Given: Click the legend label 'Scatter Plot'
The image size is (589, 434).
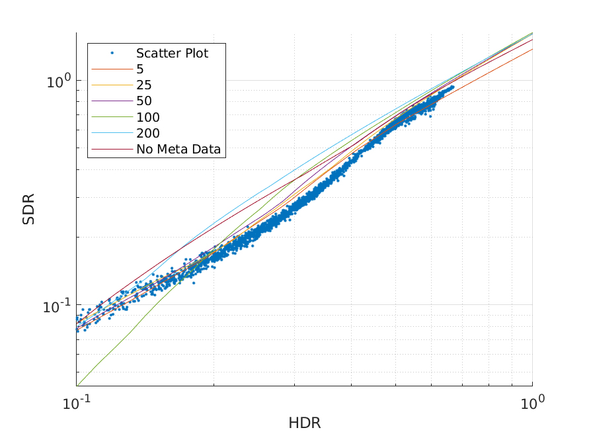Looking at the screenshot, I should tap(172, 54).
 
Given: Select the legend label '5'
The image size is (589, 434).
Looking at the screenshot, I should tap(140, 69).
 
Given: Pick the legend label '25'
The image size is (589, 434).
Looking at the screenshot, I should tap(143, 85).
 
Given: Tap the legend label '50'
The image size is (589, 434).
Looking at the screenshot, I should tap(143, 101).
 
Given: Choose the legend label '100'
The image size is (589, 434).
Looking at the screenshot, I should tap(147, 118).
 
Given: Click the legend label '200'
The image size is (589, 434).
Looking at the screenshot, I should tap(147, 134).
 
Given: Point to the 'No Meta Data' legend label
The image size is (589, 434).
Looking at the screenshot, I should tap(180, 150).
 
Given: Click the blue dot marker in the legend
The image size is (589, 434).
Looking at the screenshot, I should tap(112, 53).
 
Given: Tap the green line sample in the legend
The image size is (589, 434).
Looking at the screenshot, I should tap(112, 118).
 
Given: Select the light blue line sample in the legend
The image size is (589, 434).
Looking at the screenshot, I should tap(112, 134).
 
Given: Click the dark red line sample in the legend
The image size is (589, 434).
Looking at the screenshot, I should tap(112, 150).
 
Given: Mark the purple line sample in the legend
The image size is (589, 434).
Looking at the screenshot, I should tap(112, 101).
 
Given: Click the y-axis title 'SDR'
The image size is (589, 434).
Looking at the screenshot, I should tap(29, 209).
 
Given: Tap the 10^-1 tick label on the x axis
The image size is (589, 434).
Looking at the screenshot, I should tap(77, 401).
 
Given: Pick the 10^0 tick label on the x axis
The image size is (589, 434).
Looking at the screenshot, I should tap(533, 401).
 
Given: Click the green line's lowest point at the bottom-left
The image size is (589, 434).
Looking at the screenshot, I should tap(78, 385).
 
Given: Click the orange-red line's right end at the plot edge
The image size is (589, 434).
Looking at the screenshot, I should tap(532, 49).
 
